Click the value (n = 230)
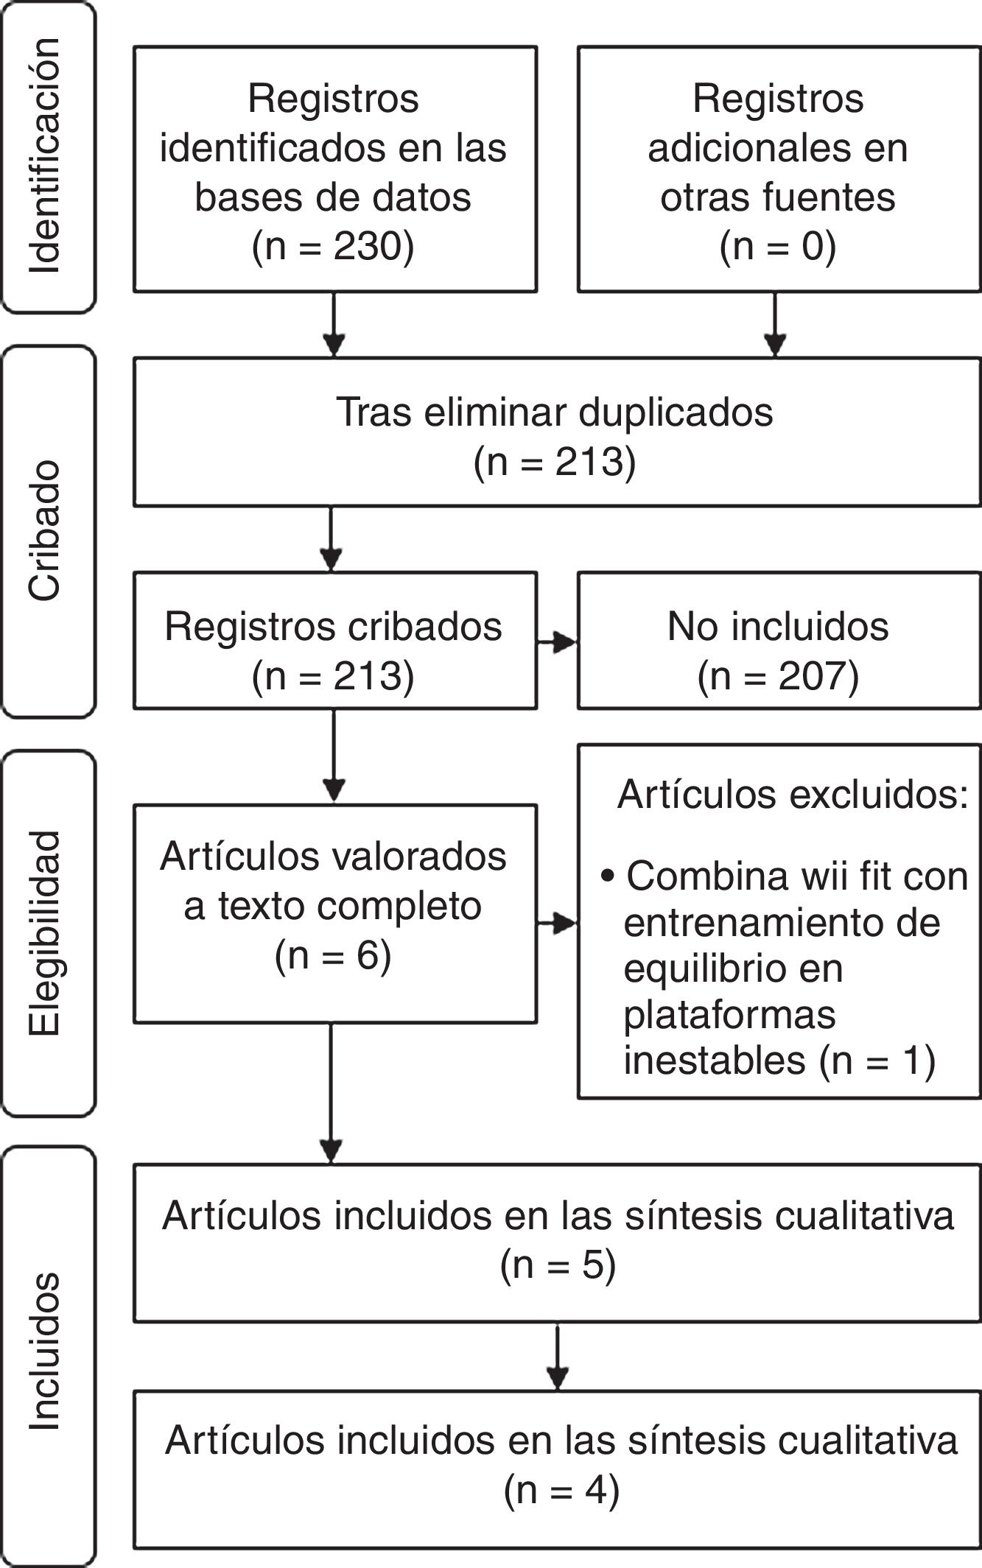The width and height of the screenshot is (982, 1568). point(333,247)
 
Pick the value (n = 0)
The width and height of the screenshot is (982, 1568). point(778,247)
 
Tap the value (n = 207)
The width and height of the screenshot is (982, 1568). point(778,676)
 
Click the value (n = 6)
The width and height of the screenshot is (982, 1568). point(333,956)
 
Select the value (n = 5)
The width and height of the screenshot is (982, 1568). point(558,1265)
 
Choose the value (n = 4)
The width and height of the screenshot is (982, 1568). point(561,1489)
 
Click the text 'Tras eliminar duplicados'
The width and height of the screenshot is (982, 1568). point(555,412)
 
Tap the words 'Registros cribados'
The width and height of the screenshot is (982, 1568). point(333,627)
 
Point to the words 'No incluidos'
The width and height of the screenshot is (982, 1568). point(778,627)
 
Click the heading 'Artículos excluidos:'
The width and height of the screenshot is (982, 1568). point(793,795)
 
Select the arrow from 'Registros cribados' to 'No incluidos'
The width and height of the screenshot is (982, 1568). point(557,643)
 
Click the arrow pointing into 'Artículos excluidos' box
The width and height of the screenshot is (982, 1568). point(557,924)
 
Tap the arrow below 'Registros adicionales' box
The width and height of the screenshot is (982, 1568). point(775,325)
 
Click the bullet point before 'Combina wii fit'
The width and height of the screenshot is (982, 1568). point(608,876)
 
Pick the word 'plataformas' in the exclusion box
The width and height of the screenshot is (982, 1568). point(729,1015)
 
